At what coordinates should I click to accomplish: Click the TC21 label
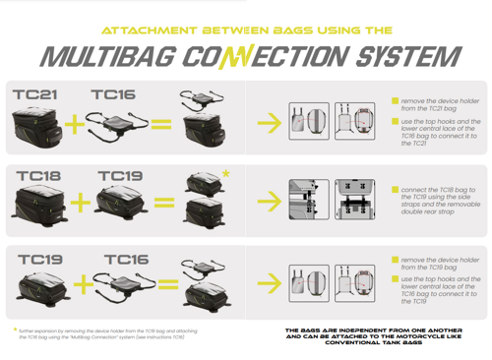point(35,95)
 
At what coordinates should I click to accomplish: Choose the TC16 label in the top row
point(114,95)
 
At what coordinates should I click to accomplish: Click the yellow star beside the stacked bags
point(227,173)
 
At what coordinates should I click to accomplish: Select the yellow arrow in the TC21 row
point(266,123)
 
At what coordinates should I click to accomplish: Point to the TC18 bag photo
point(39,207)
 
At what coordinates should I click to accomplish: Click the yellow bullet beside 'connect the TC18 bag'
point(394,191)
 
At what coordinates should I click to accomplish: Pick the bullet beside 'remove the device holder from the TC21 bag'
point(394,100)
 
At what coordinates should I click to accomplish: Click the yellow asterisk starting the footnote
point(15,330)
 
